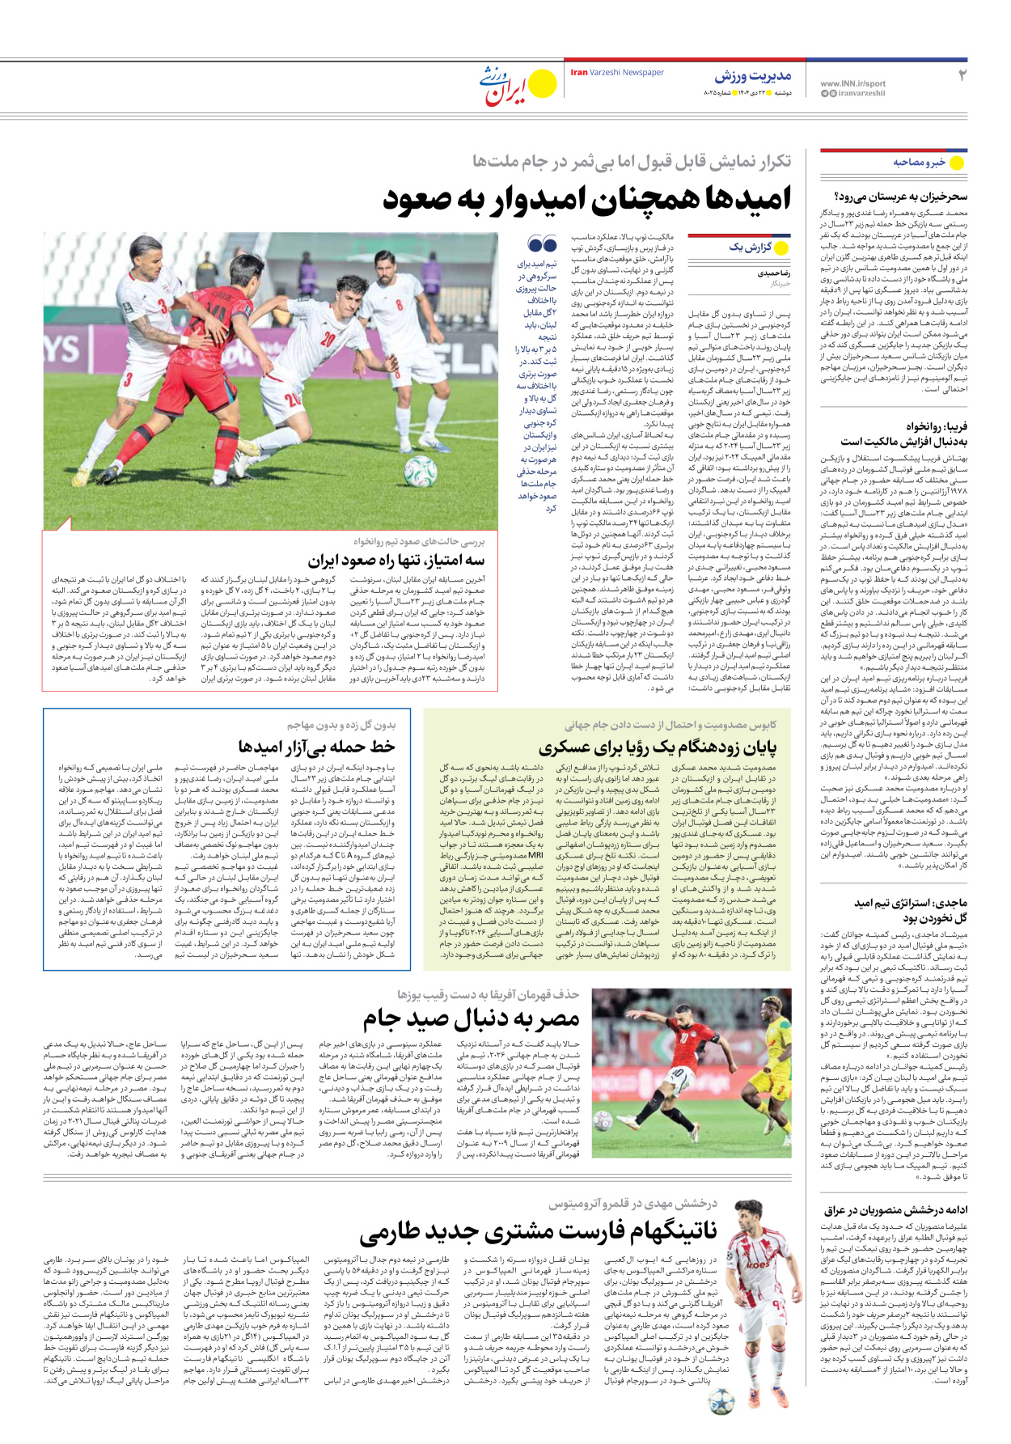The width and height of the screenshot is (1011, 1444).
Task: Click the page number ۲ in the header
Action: [x=962, y=75]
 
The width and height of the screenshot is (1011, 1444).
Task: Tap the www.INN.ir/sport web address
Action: [x=852, y=83]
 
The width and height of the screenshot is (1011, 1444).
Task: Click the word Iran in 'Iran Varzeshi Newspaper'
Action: [x=578, y=73]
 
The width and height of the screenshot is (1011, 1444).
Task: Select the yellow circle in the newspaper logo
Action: [x=542, y=83]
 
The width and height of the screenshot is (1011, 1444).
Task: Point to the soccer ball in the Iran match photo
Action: [x=421, y=469]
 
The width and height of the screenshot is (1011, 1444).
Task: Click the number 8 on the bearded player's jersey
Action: [x=399, y=305]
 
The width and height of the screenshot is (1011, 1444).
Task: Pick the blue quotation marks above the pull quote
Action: [x=542, y=243]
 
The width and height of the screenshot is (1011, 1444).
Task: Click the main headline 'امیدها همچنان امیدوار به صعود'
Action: [x=586, y=199]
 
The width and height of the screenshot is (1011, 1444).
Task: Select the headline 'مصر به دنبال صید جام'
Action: [x=472, y=1018]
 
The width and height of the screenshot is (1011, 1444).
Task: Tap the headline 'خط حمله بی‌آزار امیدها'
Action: [x=316, y=746]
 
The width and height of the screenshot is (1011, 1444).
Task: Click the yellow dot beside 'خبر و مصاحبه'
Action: [x=956, y=163]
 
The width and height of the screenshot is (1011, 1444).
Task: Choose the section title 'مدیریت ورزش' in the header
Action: [x=752, y=76]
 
